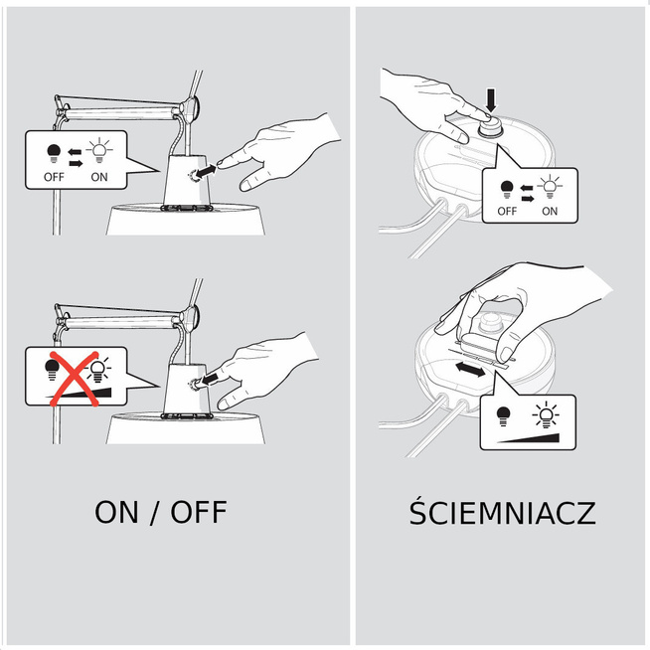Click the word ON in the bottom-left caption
click(116, 513)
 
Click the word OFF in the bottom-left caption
click(199, 513)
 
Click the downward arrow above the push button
click(491, 100)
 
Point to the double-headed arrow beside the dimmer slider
click(470, 369)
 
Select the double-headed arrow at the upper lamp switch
click(205, 171)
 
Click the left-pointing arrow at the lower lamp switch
click(211, 378)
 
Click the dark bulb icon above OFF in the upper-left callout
click(53, 153)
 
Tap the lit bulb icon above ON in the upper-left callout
click(99, 150)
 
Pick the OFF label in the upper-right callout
click(507, 211)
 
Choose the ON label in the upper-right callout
click(550, 211)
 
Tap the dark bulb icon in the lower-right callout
click(503, 416)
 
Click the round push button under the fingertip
click(490, 125)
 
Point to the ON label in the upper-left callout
click(99, 177)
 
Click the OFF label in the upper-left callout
click(54, 177)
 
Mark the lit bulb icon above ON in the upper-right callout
click(550, 187)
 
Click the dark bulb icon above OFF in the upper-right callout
click(507, 190)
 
